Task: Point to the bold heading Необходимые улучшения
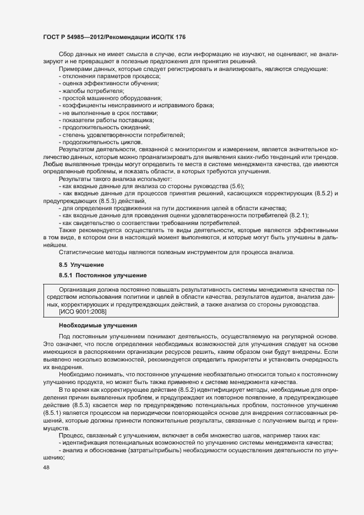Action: tap(94, 325)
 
